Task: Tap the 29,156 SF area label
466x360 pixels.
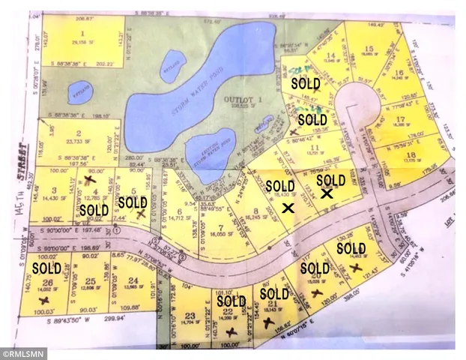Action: (x=81, y=43)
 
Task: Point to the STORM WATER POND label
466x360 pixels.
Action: (x=171, y=95)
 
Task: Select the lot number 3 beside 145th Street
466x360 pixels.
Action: (x=55, y=190)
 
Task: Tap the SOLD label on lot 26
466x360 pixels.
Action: (x=46, y=268)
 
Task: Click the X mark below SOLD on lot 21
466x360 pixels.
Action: (x=267, y=322)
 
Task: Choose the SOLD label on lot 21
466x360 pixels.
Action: (x=274, y=293)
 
